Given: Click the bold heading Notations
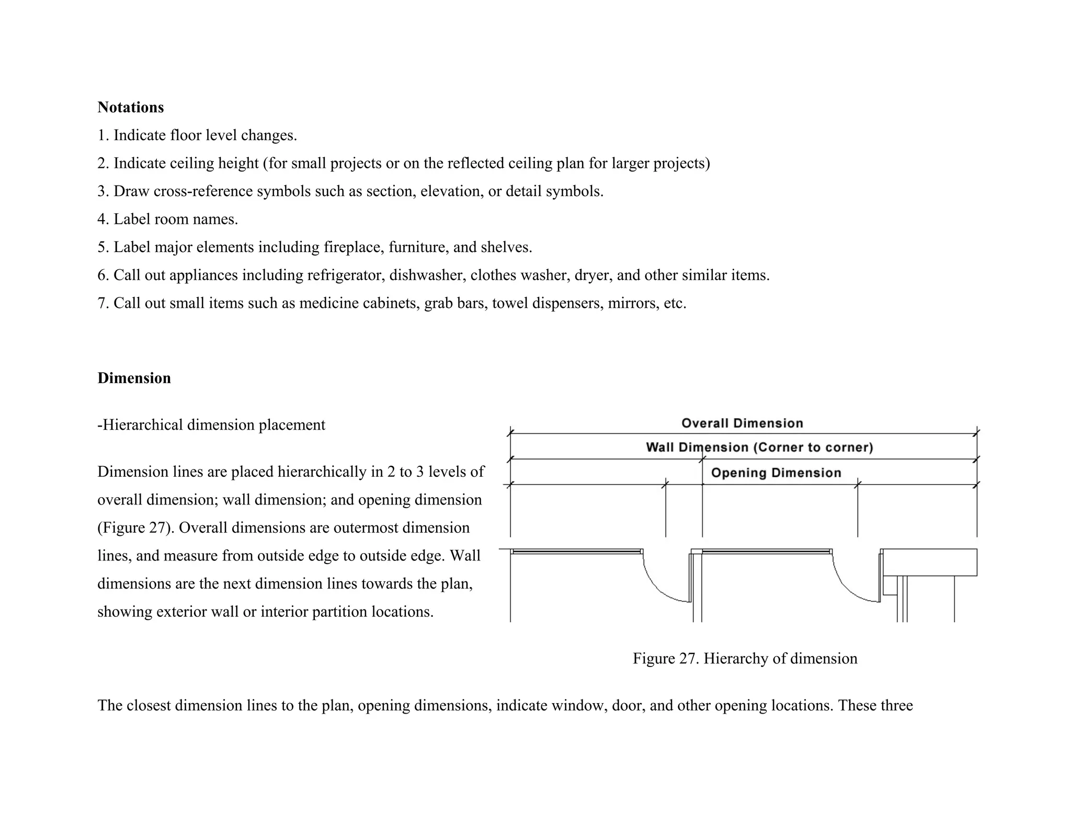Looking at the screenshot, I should pos(130,107).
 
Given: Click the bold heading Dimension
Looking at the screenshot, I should pos(134,378).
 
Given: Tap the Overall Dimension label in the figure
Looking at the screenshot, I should pos(742,423).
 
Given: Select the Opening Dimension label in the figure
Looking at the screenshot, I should pos(776,473).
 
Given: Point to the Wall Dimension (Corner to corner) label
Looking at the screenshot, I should pos(759,447).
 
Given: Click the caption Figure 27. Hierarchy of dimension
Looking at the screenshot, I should pos(745,658).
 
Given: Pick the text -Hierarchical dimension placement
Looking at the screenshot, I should pos(211,425).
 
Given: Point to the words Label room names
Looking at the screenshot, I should pos(175,219).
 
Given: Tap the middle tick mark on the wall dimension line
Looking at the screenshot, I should pos(702,460).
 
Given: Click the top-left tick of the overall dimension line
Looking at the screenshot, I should pos(510,433).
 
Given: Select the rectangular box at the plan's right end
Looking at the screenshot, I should pos(929,562).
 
